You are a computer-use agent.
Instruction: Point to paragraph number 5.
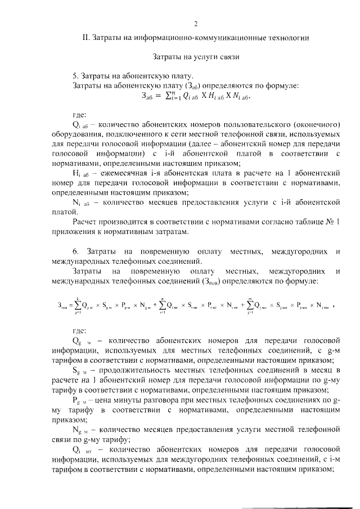(76, 76)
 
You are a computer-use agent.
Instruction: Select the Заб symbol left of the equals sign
(150, 96)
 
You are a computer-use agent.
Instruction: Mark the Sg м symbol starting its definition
(81, 371)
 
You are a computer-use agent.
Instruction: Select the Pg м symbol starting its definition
(81, 401)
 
